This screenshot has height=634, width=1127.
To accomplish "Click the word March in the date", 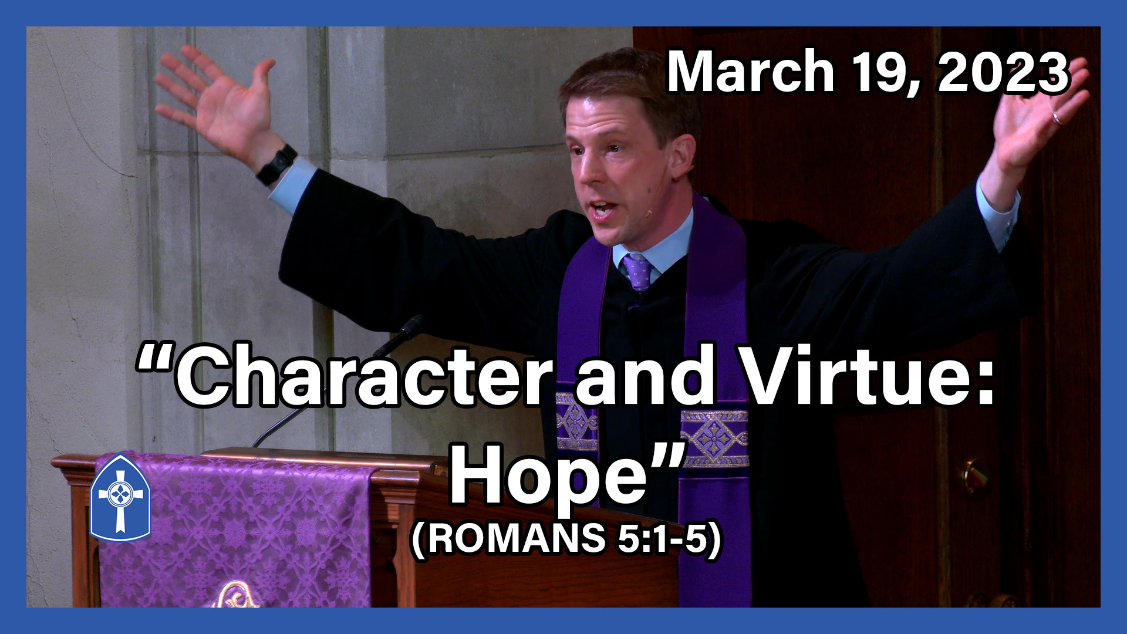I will (x=751, y=72).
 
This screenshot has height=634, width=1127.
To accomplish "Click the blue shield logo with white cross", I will (x=120, y=498).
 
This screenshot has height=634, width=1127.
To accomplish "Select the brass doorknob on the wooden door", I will (x=975, y=477).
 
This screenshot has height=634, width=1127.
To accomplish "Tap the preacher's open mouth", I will (x=603, y=208).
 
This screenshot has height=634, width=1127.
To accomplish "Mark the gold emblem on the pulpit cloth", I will (x=238, y=596).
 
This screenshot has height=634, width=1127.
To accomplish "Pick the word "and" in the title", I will (x=646, y=376).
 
